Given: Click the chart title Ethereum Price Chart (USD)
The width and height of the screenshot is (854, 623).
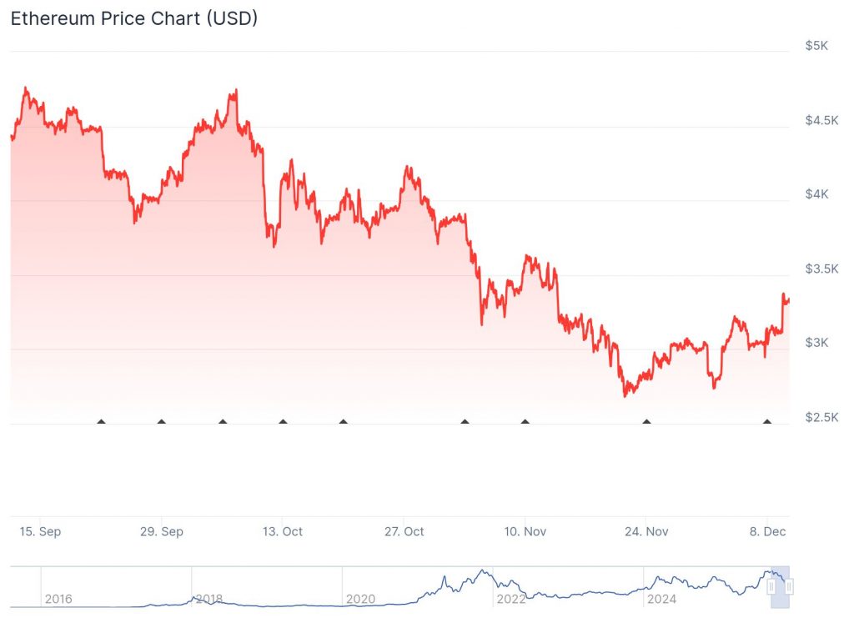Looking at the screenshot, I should coord(133,18).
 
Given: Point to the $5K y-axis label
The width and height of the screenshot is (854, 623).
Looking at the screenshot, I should coord(816,46).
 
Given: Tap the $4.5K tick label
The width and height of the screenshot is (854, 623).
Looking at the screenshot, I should coord(820,120).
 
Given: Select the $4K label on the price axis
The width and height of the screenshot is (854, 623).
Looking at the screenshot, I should coord(816,194).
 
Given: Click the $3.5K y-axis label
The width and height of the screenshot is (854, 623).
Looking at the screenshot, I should coord(820,269).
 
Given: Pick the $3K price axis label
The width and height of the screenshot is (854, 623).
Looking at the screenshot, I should coord(816,343).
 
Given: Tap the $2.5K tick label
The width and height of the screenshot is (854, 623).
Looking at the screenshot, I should coord(820,417).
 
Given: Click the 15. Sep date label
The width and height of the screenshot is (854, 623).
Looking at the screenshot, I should coord(40,531).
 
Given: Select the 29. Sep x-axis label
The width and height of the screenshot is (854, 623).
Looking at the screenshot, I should coord(162,531).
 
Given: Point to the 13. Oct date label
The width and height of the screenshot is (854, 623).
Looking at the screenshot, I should coord(283,531).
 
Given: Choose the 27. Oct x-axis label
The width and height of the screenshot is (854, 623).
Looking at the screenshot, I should coord(404,531).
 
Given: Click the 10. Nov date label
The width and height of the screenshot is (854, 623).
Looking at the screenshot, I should coord(525,531).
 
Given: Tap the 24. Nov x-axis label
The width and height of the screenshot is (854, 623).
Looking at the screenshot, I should coord(646,531).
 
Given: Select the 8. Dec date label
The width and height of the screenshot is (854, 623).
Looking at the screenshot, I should coord(767,531).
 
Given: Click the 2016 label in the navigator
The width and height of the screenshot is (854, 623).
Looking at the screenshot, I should coord(58,599).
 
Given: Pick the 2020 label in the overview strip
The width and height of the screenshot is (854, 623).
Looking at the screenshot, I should coord(360,599).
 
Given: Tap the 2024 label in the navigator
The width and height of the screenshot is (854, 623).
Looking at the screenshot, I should coord(662,599).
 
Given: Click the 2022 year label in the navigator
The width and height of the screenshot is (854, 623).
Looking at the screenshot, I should coord(510,599).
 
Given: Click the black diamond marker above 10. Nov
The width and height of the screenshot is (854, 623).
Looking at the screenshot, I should coord(525,422).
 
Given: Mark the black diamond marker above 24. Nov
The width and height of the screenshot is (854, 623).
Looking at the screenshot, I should coord(646,422).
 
